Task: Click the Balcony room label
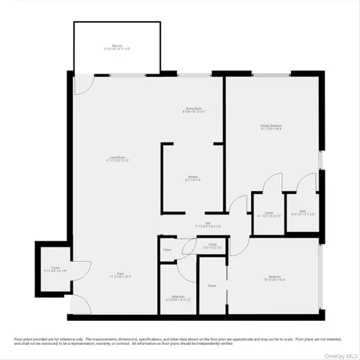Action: [117, 46]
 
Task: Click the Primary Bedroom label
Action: [271, 125]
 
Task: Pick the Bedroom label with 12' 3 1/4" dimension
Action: [274, 277]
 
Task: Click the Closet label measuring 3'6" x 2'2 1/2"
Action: [212, 244]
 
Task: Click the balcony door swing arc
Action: [85, 84]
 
